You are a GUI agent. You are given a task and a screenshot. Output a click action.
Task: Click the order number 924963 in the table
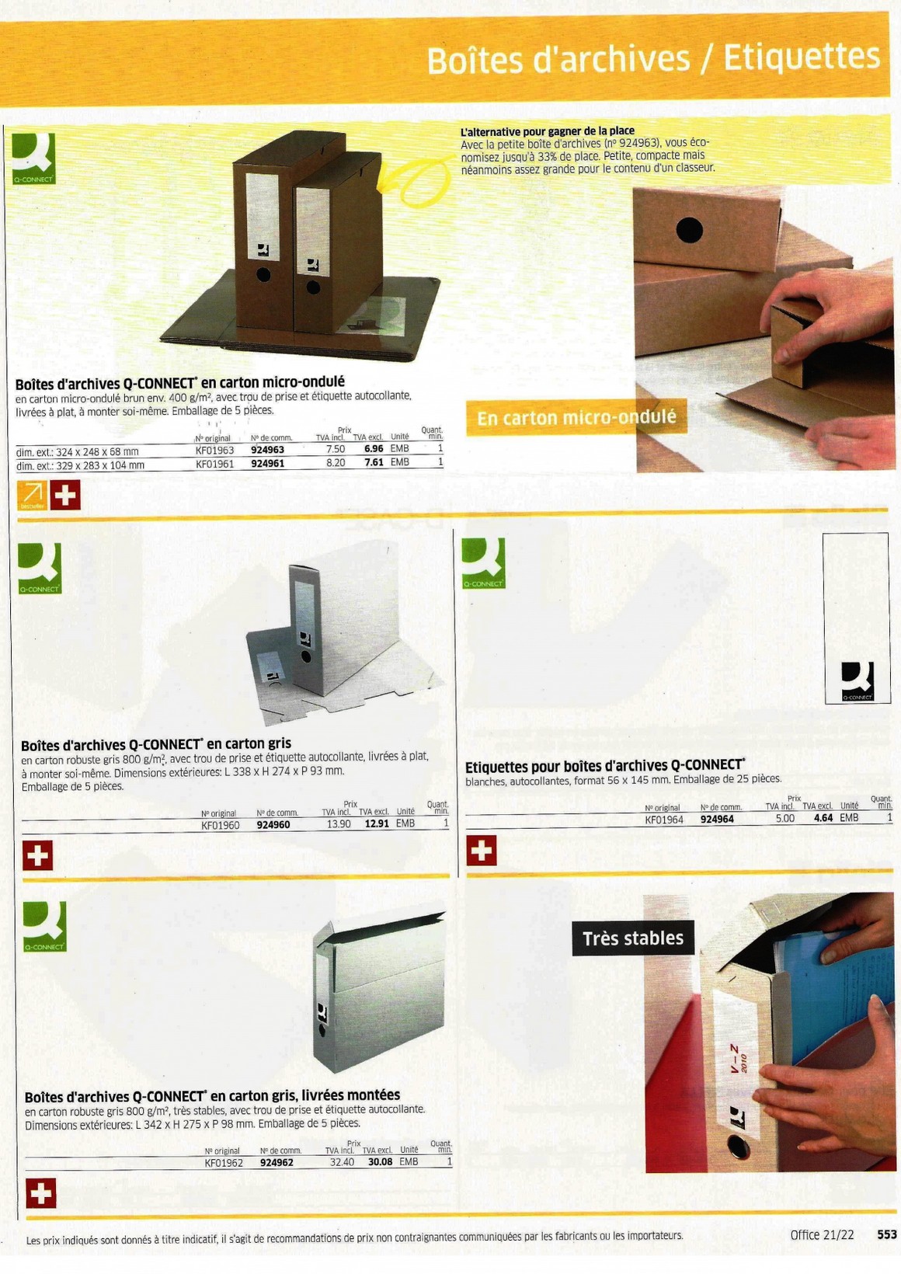point(267,449)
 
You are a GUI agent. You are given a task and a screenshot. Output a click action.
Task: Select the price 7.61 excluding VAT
point(374,462)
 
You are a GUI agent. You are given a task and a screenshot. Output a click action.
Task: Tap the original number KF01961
point(215,464)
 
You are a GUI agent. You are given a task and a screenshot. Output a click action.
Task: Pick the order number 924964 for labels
point(717,819)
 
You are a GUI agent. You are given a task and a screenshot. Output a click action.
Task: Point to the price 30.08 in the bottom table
point(380,1161)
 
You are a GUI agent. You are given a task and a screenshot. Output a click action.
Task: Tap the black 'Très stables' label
point(633,938)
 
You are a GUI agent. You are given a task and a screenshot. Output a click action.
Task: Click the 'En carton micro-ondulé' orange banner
point(576,417)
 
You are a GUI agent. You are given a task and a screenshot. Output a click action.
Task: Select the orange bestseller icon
point(33,495)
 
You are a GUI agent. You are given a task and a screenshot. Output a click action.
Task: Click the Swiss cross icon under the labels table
point(482,851)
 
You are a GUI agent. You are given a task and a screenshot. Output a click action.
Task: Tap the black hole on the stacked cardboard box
point(690,231)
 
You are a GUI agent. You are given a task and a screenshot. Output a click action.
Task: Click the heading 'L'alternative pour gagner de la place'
point(547,131)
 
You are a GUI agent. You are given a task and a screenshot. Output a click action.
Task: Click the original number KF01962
point(224,1162)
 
